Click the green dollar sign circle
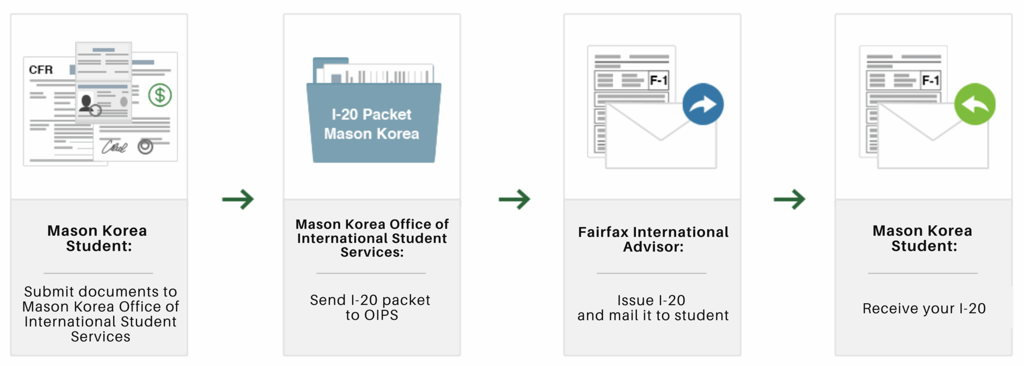click(160, 95)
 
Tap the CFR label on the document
click(41, 70)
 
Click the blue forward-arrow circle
click(703, 104)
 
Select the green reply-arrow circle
click(975, 104)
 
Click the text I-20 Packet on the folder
click(371, 115)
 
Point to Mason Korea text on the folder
click(371, 134)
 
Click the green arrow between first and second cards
click(238, 199)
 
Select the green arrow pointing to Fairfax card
click(514, 199)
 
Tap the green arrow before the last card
click(790, 199)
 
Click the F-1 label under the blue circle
click(658, 80)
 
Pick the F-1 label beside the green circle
click(930, 80)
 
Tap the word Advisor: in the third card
click(653, 247)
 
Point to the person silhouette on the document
click(86, 103)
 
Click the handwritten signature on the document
click(114, 147)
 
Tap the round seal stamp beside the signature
click(145, 147)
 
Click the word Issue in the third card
click(635, 300)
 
